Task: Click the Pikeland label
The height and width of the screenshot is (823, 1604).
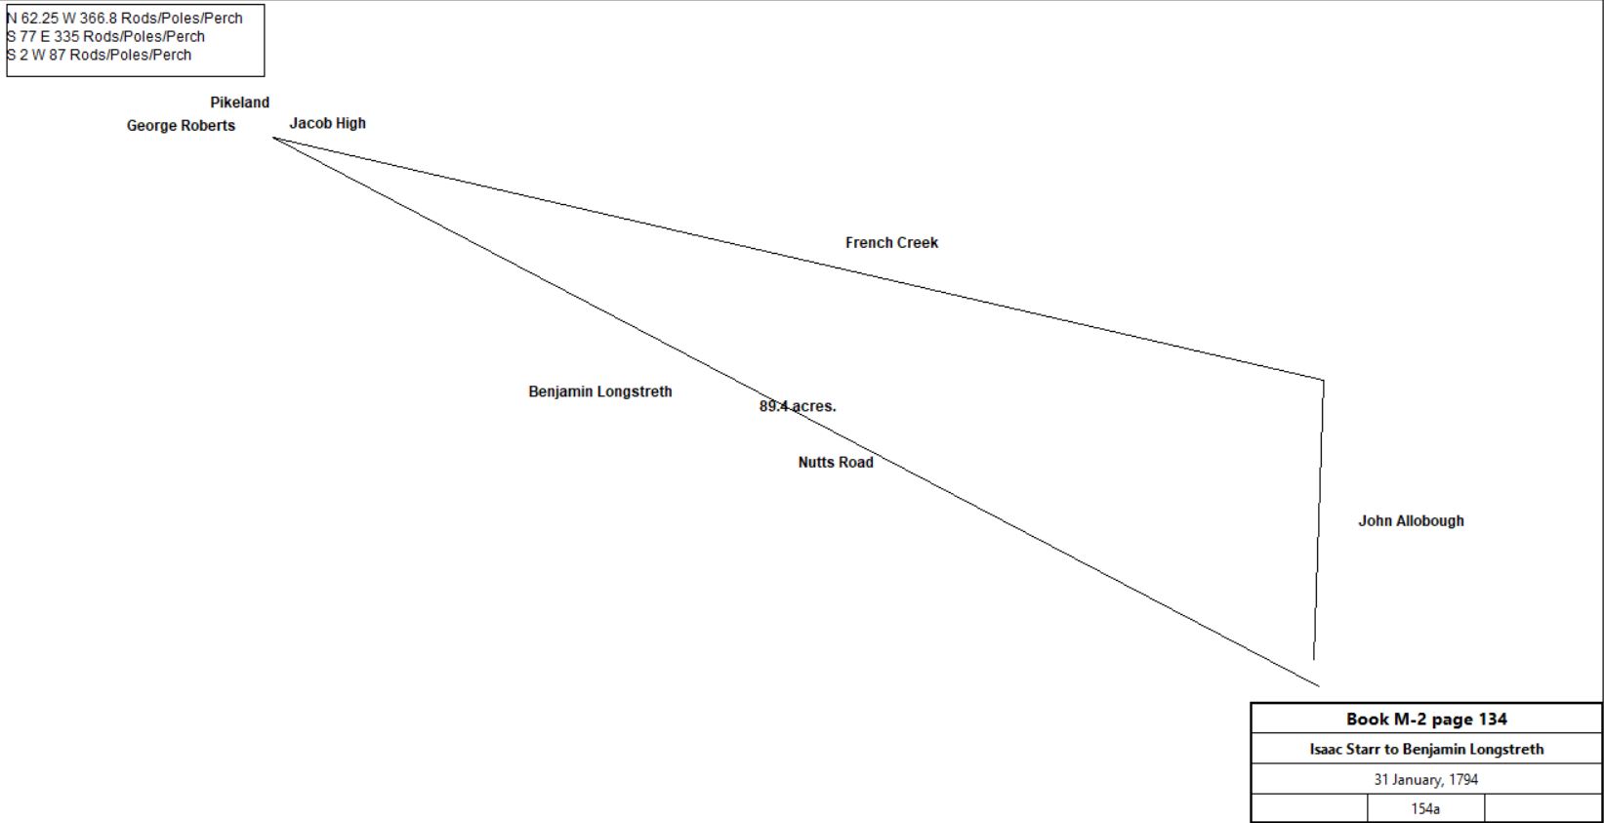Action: [240, 103]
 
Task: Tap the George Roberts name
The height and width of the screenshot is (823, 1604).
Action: [182, 125]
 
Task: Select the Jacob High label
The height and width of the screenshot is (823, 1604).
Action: [327, 123]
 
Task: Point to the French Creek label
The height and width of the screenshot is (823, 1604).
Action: [891, 243]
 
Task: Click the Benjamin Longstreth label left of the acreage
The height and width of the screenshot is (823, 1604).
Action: [600, 391]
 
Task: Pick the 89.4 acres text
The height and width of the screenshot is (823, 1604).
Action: [798, 406]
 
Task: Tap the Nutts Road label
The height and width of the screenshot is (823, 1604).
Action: [836, 462]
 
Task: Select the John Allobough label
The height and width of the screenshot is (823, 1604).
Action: [1412, 520]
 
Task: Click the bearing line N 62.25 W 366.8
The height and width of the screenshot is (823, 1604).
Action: [125, 18]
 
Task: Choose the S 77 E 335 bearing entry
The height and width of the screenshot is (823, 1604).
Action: [106, 36]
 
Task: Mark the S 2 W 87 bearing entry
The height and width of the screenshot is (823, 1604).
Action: [100, 55]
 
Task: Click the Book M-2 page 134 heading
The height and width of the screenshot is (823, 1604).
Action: [1426, 720]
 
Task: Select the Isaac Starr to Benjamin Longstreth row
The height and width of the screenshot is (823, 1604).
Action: [1426, 749]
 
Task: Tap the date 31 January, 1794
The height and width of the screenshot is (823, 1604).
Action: [1426, 779]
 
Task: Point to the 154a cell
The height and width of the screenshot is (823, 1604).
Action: [1425, 808]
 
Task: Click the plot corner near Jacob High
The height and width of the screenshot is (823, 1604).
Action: [272, 138]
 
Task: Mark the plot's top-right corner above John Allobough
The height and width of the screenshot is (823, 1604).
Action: [1323, 380]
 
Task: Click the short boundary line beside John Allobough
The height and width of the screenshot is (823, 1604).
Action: [1318, 519]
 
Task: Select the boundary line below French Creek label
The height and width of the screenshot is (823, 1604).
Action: [798, 259]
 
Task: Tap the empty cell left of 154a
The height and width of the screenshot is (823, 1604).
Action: [1310, 808]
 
